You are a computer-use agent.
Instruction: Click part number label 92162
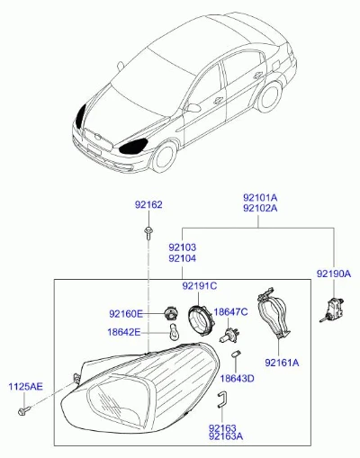click(148, 205)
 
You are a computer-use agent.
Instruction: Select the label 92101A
click(260, 198)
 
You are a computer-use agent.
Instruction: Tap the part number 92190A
click(334, 274)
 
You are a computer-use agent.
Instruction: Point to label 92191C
click(200, 286)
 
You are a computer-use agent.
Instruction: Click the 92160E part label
click(126, 314)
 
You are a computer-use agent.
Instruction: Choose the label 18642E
click(124, 332)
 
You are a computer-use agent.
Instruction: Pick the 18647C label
click(230, 312)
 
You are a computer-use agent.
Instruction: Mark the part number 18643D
click(237, 379)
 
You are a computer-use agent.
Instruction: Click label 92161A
click(282, 363)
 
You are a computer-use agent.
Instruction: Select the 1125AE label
click(25, 387)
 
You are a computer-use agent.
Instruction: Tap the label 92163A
click(226, 436)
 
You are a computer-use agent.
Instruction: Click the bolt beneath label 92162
click(148, 233)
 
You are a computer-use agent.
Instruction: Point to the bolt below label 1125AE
click(24, 410)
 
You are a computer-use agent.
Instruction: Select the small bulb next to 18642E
click(174, 333)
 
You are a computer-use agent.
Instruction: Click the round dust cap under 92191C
click(199, 320)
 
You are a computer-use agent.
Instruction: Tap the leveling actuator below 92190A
click(332, 310)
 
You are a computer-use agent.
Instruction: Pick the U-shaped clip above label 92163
click(221, 400)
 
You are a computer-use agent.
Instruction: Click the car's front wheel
click(165, 157)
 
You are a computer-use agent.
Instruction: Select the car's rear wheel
click(270, 96)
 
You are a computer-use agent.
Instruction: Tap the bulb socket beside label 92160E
click(171, 313)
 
